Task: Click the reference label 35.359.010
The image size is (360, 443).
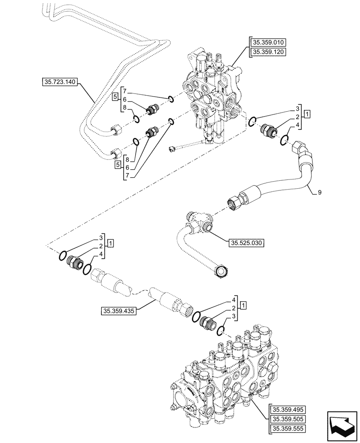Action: [x=269, y=43]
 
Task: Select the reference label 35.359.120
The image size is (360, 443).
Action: [x=269, y=52]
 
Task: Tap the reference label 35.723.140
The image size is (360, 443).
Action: [x=60, y=82]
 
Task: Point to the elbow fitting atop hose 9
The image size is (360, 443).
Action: [x=303, y=151]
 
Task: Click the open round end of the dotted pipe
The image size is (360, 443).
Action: [x=221, y=271]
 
